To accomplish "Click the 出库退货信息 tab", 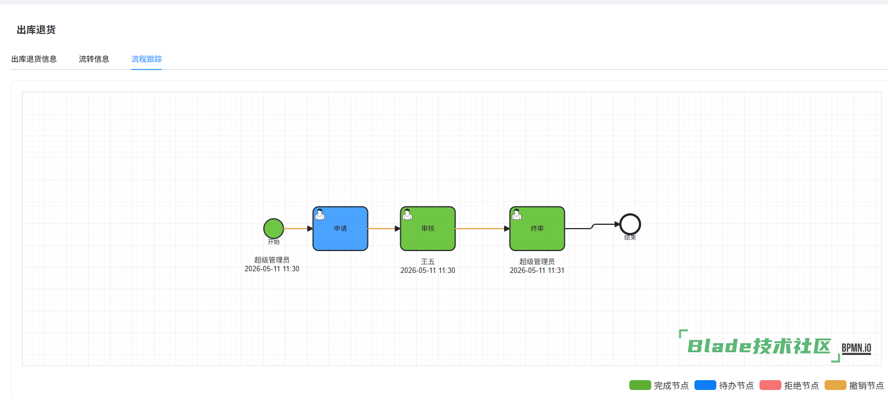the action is point(34,59).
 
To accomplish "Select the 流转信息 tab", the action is point(94,59).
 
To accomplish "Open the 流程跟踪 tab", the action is point(147,59).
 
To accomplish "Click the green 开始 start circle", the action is point(273,228).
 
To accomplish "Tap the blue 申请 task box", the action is point(340,228).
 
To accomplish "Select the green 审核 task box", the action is point(428,228).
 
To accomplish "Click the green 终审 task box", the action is point(537,228).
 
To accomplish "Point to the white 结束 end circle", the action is point(630,214).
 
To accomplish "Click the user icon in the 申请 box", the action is point(320,214).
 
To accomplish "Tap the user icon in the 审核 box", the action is point(407,214).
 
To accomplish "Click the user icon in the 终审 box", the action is point(517,214).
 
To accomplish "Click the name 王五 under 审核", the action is point(428,261).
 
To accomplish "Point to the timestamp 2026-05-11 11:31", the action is point(537,270).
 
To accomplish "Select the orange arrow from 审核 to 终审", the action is point(482,229).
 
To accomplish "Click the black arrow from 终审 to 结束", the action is point(592,226).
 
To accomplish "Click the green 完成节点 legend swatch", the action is point(640,385).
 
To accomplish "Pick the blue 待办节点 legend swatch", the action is point(705,385).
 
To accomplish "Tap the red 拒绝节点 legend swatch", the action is point(770,385).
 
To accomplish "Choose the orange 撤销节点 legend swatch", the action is point(836,385).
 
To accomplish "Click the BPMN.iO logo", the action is point(856,348).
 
